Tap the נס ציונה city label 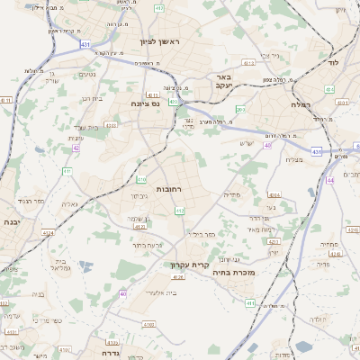[144, 104]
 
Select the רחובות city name [170, 190]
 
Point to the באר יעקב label [224, 83]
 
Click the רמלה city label [301, 105]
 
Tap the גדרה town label [105, 342]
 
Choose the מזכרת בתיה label [238, 272]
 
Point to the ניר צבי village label [271, 56]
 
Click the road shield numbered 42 [76, 148]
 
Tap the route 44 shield [330, 180]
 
